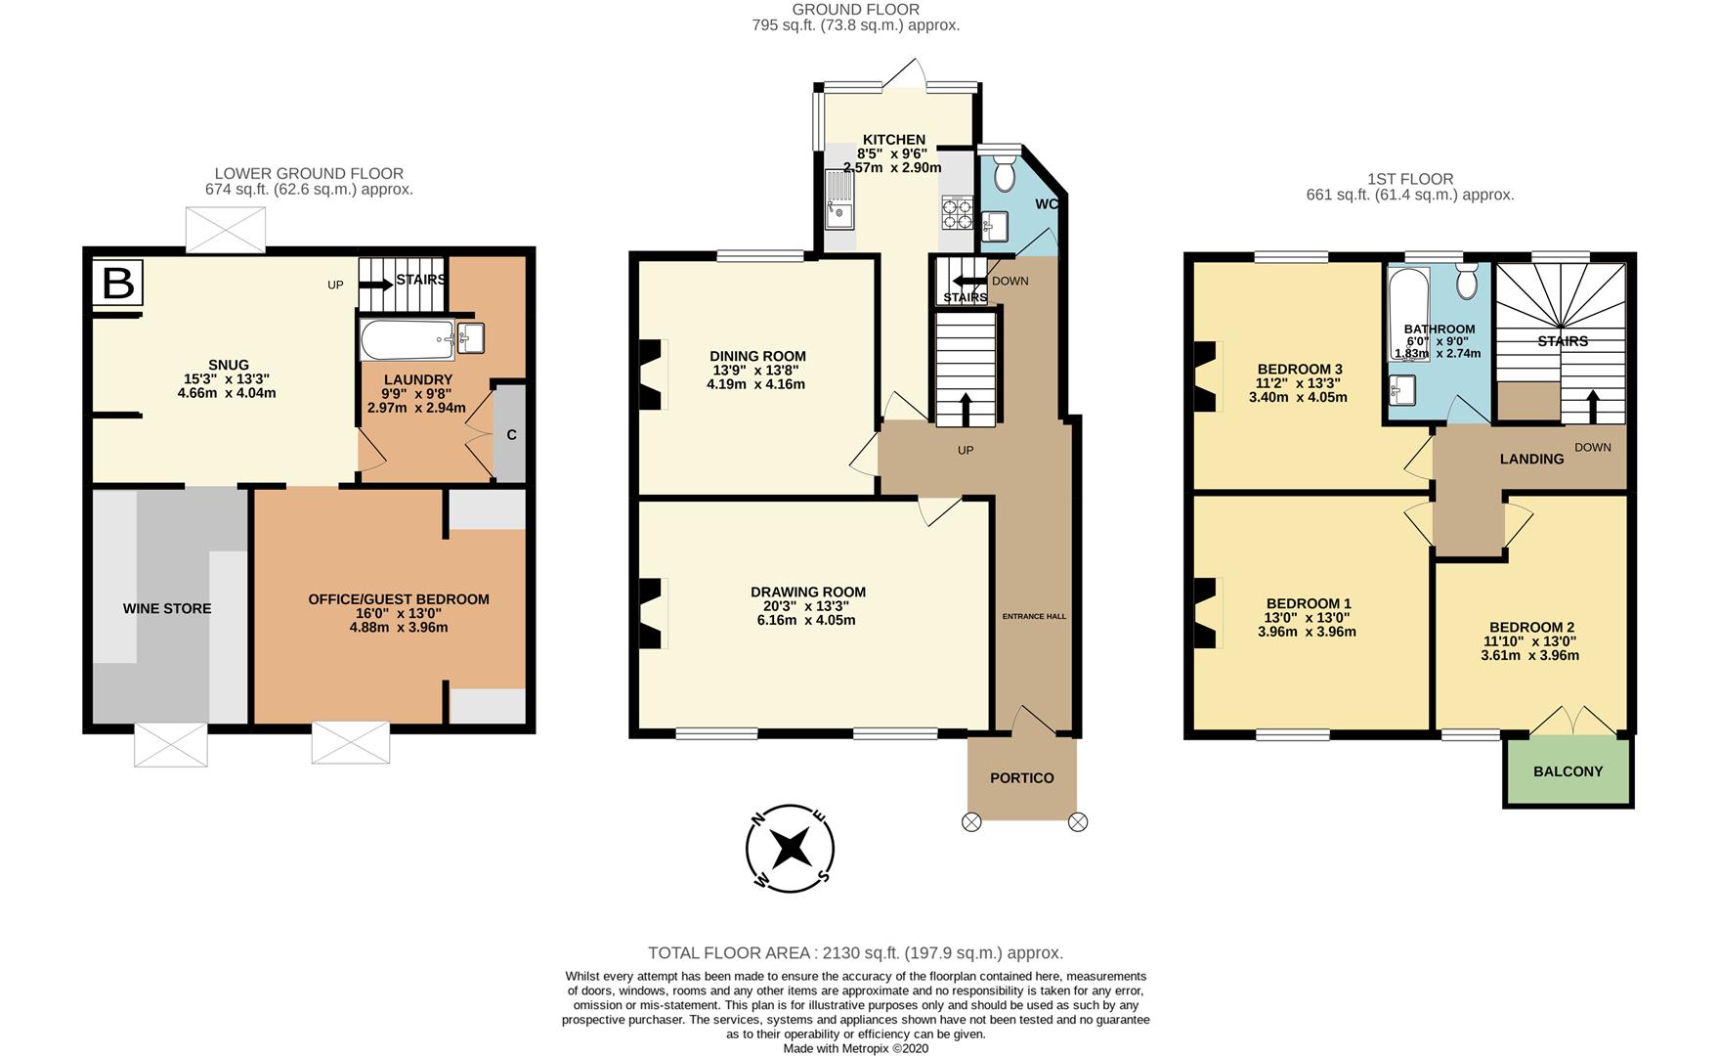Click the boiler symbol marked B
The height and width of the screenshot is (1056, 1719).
pos(118,284)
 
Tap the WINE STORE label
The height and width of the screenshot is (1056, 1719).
pos(167,608)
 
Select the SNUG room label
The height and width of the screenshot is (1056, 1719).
pos(229,365)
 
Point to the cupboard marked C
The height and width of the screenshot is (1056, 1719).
pos(511,434)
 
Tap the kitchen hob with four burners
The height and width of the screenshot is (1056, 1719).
pos(957,211)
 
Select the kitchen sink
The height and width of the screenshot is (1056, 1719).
pos(838,198)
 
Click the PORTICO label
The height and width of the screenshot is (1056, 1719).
pos(1022,778)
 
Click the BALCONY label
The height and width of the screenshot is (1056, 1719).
pos(1569,771)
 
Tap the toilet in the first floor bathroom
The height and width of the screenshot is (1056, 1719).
pos(1466,282)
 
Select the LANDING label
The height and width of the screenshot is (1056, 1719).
pos(1531,459)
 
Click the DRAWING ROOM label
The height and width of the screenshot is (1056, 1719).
pos(808,592)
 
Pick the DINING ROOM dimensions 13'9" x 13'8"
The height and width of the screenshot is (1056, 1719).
pos(758,371)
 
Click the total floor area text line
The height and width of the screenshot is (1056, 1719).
pos(856,952)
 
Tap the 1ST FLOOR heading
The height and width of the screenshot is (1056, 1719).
pos(1410,179)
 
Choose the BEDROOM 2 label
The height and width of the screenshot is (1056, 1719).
pos(1531,627)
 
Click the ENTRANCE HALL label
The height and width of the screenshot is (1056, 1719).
pos(1034,616)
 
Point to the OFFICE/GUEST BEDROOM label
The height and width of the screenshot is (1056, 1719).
pos(399,599)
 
